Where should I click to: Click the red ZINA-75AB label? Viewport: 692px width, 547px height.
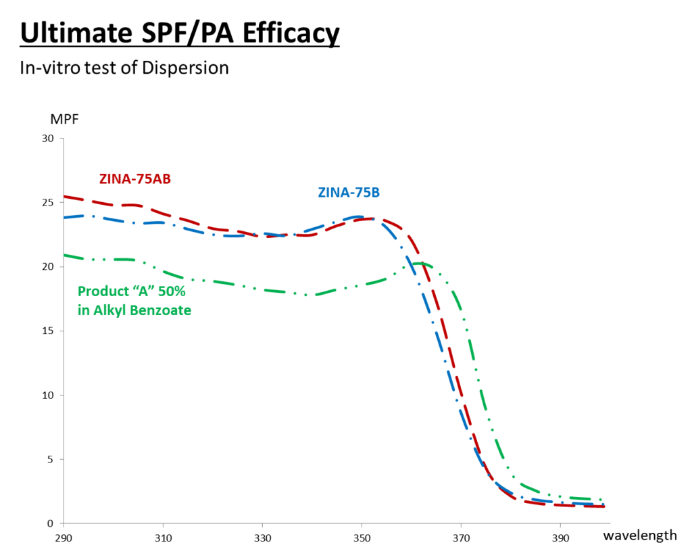(x=134, y=179)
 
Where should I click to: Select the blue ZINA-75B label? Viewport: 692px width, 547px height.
(x=349, y=193)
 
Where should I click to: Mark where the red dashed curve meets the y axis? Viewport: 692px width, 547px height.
(x=64, y=197)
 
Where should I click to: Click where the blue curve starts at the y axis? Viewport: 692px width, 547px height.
(x=64, y=218)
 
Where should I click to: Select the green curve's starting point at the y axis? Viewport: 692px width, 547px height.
(x=64, y=255)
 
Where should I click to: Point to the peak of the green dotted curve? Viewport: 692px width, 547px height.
(x=419, y=263)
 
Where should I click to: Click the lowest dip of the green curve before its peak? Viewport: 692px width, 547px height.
(x=305, y=295)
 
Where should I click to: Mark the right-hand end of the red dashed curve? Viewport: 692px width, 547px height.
(x=603, y=506)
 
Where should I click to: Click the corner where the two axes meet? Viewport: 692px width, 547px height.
(x=64, y=523)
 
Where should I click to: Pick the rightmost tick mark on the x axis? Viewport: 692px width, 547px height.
(x=560, y=525)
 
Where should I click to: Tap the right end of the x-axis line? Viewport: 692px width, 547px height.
(x=610, y=523)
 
